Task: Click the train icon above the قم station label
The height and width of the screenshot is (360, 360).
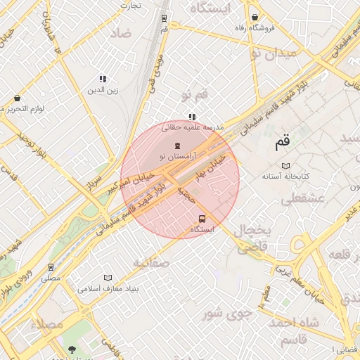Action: pyautogui.click(x=164, y=19)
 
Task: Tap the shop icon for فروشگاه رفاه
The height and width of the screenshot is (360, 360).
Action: pyautogui.click(x=254, y=18)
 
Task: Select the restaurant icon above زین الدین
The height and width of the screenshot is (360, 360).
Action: pyautogui.click(x=103, y=79)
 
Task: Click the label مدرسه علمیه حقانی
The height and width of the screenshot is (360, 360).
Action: pyautogui.click(x=192, y=128)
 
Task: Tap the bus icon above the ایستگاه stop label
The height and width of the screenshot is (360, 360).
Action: pyautogui.click(x=202, y=218)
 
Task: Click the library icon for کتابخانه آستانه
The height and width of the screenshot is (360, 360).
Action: pyautogui.click(x=285, y=166)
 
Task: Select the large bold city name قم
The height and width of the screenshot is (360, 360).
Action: pyautogui.click(x=281, y=144)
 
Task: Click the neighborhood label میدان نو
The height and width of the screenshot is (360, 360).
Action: pyautogui.click(x=266, y=53)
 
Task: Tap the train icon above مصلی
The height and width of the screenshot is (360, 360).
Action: pyautogui.click(x=51, y=267)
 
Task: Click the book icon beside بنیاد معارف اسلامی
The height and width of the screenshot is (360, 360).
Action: pyautogui.click(x=108, y=278)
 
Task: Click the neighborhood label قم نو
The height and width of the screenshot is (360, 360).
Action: pyautogui.click(x=195, y=94)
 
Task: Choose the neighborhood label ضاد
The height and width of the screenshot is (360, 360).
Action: pyautogui.click(x=120, y=33)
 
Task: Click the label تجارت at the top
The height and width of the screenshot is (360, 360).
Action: pyautogui.click(x=130, y=6)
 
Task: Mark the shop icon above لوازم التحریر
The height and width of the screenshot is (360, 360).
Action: pyautogui.click(x=17, y=98)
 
